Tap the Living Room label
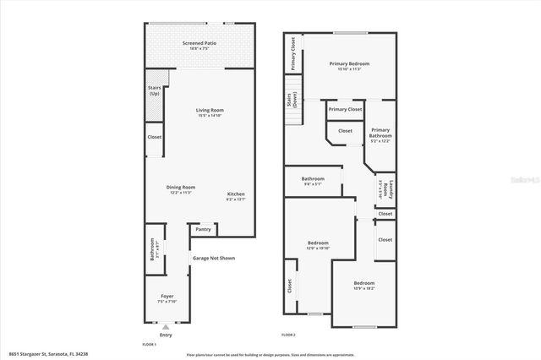coord(210,110)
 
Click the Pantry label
coord(203,229)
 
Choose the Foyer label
coord(167,297)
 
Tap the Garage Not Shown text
coord(214,258)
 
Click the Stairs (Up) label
coord(155,90)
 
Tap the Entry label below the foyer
coord(166,334)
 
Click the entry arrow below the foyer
coord(166,326)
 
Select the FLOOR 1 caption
coord(150,345)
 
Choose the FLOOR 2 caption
coord(289,335)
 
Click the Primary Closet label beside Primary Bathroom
coord(345,109)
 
